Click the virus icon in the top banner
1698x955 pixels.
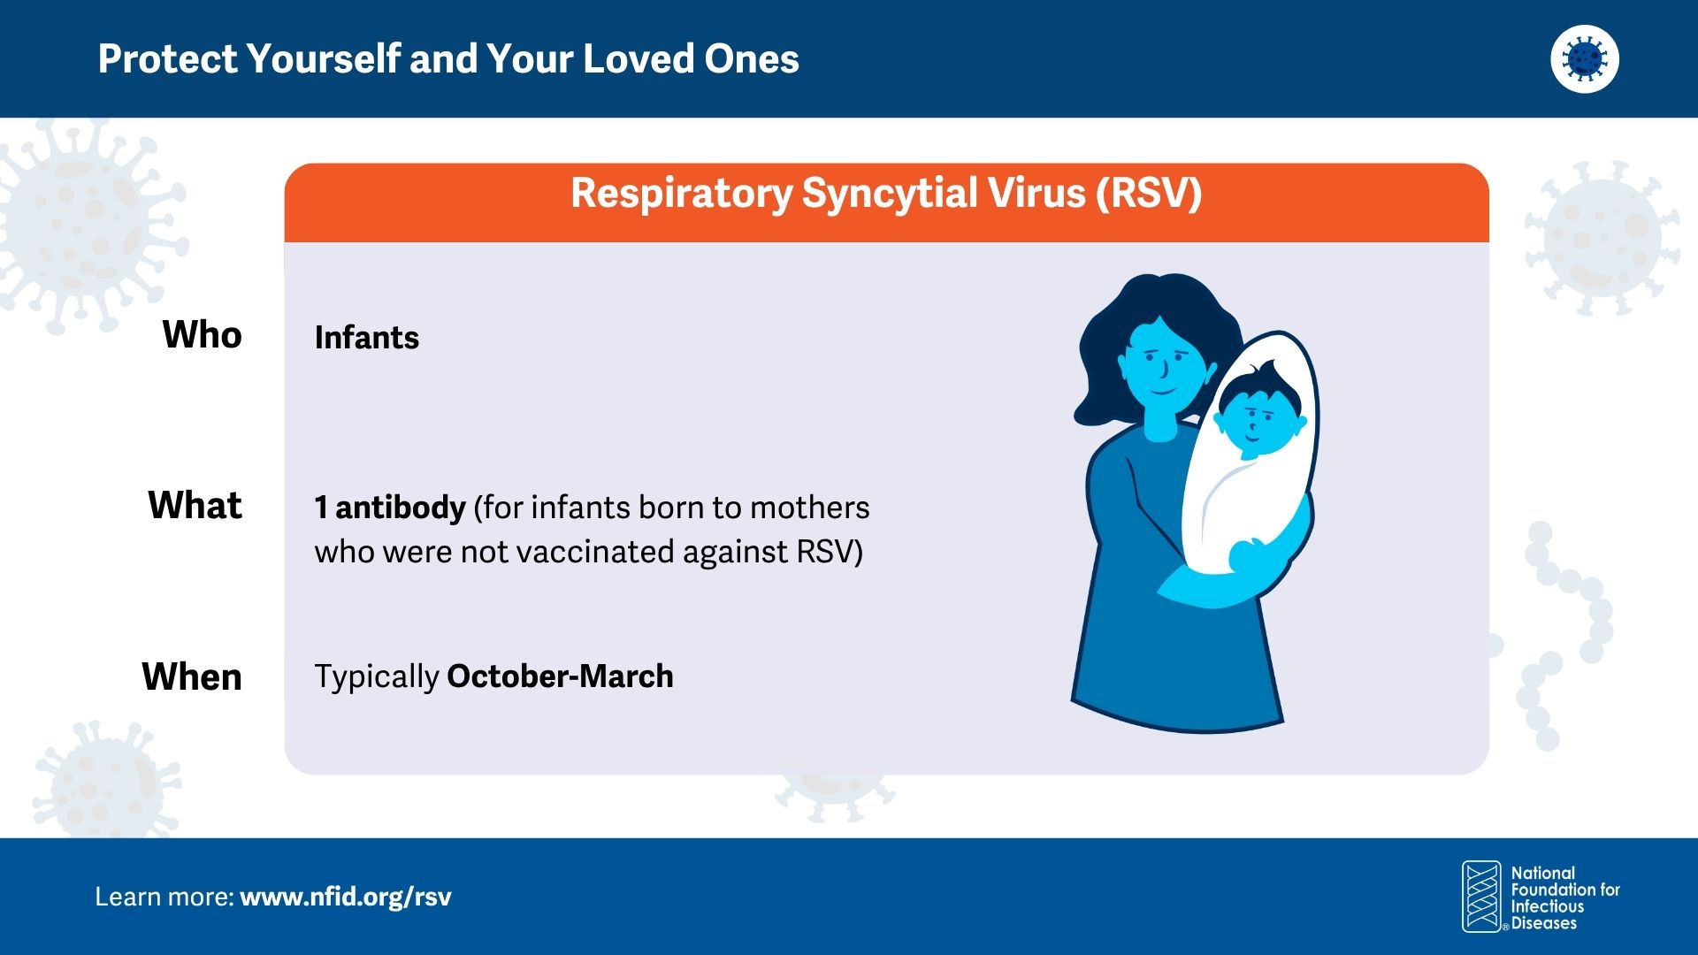pos(1585,58)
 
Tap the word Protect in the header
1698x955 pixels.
pos(168,59)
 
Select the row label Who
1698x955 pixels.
pos(203,335)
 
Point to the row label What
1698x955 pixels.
pos(195,506)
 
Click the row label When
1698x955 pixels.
pos(192,677)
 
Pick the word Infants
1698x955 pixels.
pos(367,338)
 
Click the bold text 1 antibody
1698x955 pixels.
pos(390,508)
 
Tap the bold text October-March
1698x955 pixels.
pos(561,676)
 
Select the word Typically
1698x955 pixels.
pos(377,678)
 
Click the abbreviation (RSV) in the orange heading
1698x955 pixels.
pos(1149,194)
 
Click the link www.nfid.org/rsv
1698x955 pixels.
pos(346,898)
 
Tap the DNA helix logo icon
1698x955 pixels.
pos(1482,897)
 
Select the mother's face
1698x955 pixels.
pos(1161,364)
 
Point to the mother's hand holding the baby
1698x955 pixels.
pos(1250,557)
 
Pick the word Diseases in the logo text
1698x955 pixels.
pos(1544,923)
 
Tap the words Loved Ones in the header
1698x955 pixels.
pos(691,59)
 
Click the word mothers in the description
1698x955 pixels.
pos(809,508)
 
